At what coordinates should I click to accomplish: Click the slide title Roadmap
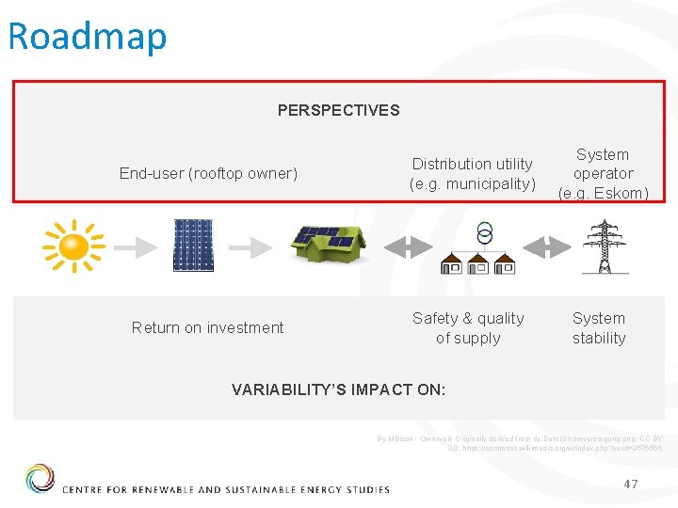pos(87,36)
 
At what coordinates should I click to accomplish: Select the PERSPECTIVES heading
pos(338,110)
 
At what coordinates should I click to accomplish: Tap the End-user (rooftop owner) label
pos(208,173)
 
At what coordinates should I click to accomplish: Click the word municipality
pos(488,183)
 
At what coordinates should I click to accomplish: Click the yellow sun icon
pos(73,246)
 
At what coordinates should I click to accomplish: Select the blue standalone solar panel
pos(193,246)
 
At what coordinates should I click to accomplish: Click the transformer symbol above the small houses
pos(485,233)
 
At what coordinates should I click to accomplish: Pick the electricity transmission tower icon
pos(604,246)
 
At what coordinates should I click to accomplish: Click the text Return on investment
pos(207,327)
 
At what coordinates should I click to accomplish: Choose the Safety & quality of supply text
pos(468,328)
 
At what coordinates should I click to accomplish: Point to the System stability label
pos(599,328)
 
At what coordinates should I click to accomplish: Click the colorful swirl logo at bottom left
pos(40,479)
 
